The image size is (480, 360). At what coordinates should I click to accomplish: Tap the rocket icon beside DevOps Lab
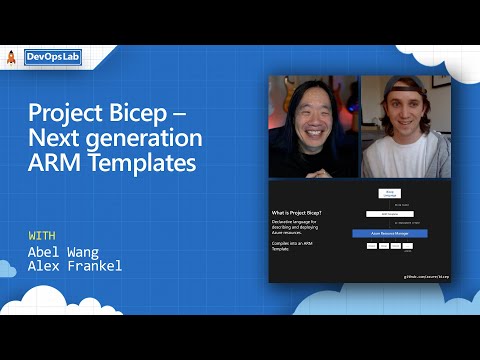[x=12, y=57]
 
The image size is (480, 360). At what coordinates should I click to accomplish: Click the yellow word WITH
[x=42, y=236]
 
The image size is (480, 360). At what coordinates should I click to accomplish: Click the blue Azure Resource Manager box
[x=389, y=233]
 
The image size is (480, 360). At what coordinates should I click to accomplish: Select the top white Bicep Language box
[x=389, y=193]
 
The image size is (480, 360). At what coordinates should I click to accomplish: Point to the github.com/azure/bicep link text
[x=426, y=274]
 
